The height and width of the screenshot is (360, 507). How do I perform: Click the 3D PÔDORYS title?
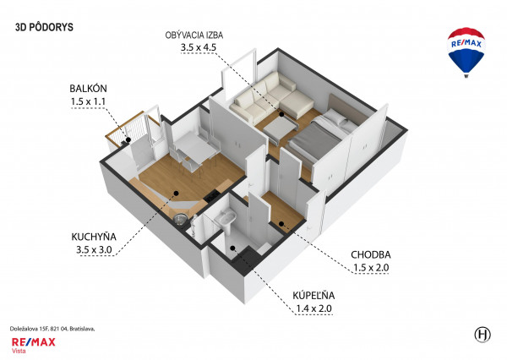[44, 27]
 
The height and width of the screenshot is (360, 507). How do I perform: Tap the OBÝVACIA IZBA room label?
[194, 35]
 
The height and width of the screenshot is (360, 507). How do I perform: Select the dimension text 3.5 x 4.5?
[199, 47]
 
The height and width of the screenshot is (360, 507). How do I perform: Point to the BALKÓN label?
[88, 88]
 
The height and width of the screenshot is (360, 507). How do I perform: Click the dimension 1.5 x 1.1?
[88, 101]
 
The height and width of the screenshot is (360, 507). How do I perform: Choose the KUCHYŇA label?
[94, 237]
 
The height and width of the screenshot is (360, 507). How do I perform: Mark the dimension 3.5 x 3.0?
[94, 249]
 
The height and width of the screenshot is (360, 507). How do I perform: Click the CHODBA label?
[371, 255]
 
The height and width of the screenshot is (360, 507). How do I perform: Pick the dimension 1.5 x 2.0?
[371, 268]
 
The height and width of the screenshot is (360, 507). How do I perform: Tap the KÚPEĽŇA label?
[313, 295]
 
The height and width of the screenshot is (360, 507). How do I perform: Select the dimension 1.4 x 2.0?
[313, 308]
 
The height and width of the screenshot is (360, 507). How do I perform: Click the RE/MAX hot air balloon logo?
[466, 52]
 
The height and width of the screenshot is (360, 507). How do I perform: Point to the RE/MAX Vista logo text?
[33, 345]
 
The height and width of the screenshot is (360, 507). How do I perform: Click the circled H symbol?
[482, 335]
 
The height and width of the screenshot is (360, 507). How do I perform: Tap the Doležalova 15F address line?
[52, 329]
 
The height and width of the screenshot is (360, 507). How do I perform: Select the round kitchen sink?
[180, 219]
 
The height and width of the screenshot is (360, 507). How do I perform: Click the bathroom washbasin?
[225, 217]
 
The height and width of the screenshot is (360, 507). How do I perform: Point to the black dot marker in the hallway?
[281, 223]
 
